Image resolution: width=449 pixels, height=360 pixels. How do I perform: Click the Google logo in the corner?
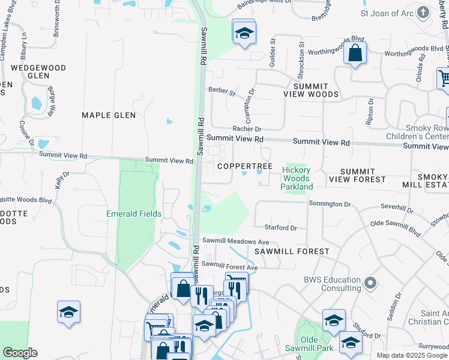[20, 353]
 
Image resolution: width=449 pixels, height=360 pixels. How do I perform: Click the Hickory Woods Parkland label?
[297, 178]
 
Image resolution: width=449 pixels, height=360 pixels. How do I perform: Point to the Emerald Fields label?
[134, 214]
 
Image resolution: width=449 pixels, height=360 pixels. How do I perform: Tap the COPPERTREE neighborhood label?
[245, 166]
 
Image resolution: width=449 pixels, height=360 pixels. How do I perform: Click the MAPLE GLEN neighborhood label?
[109, 115]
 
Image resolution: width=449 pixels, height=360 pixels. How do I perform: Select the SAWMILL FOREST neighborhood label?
[291, 251]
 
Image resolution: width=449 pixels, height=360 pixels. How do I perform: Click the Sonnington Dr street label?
[330, 204]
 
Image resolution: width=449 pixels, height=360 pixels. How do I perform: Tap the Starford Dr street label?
[281, 228]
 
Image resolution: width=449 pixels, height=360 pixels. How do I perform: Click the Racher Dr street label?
[247, 129]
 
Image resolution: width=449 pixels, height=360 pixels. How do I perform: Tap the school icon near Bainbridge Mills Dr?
[244, 34]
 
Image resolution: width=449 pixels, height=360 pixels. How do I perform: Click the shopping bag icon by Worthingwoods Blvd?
[355, 53]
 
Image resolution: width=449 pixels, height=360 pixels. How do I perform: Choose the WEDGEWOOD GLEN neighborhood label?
[38, 72]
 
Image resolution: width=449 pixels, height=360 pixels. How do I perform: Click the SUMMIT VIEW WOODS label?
[312, 90]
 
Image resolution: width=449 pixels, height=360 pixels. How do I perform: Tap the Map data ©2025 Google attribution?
[411, 355]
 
